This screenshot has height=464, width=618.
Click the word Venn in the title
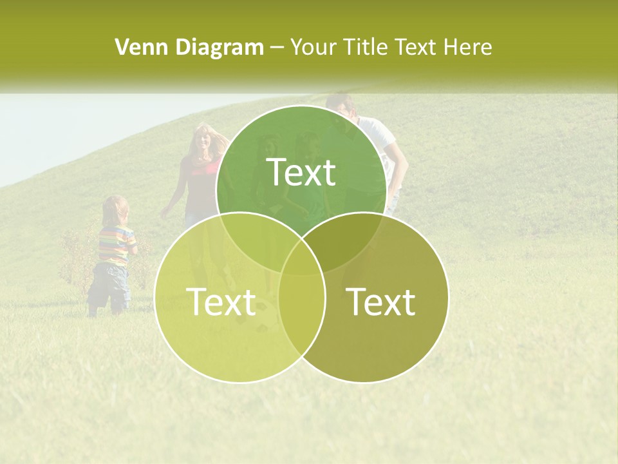136,47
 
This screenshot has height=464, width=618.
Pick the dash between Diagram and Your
277,48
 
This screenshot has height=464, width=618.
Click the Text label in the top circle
301,172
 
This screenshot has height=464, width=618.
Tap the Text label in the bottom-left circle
221,301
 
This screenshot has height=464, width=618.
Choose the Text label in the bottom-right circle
381,301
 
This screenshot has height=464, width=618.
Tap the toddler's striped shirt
115,245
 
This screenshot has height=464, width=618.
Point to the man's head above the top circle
341,104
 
